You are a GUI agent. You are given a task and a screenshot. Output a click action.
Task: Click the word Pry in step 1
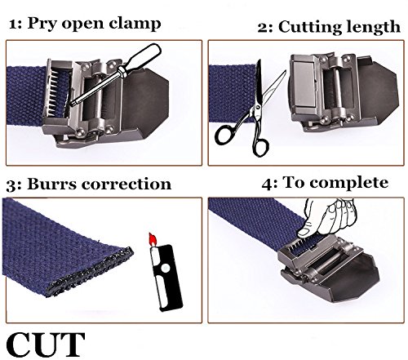click(x=42, y=24)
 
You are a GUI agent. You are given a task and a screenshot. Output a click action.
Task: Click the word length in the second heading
click(x=370, y=28)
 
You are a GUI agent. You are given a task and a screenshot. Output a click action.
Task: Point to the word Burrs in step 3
click(x=52, y=184)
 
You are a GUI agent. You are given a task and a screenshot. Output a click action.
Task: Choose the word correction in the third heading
click(x=126, y=184)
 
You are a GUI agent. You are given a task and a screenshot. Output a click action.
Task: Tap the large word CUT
click(x=46, y=344)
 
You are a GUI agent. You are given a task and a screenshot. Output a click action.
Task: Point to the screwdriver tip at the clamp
click(x=72, y=104)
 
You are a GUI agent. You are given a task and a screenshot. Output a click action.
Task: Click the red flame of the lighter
click(x=153, y=239)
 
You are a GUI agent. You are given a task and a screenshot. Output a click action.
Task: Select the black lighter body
click(x=166, y=278)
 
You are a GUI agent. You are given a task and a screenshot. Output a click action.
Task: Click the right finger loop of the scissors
click(x=260, y=148)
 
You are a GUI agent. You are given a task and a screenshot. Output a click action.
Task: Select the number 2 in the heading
click(x=263, y=28)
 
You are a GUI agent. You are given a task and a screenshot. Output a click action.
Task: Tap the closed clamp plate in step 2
click(x=303, y=83)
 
